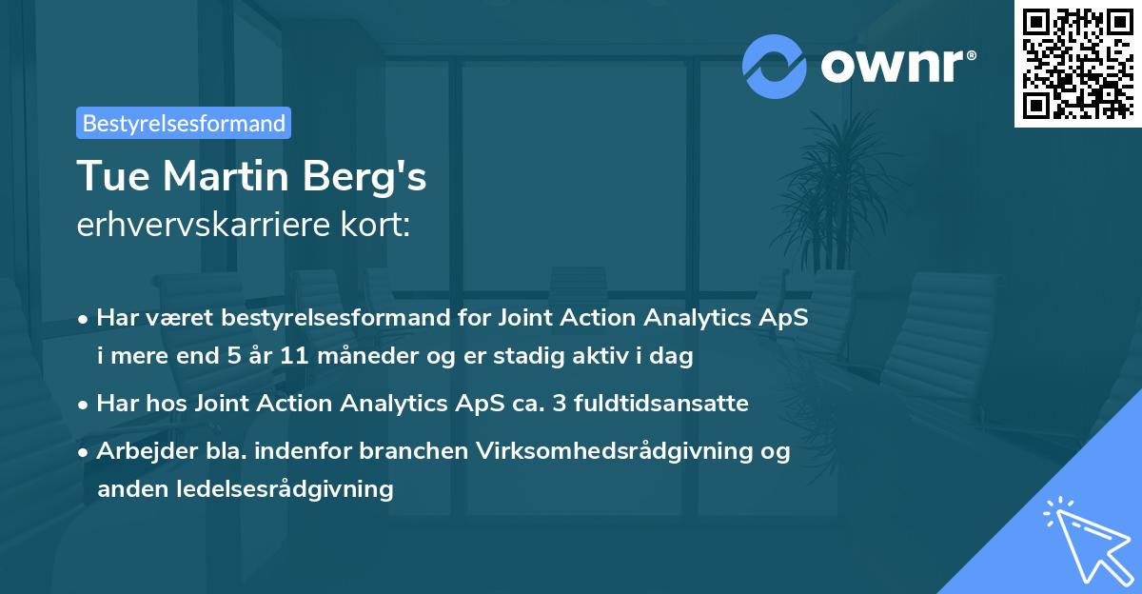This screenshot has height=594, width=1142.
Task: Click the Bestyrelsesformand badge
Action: (184, 123)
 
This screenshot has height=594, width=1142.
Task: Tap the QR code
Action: (1077, 64)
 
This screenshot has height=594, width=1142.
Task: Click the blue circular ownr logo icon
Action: (775, 67)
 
